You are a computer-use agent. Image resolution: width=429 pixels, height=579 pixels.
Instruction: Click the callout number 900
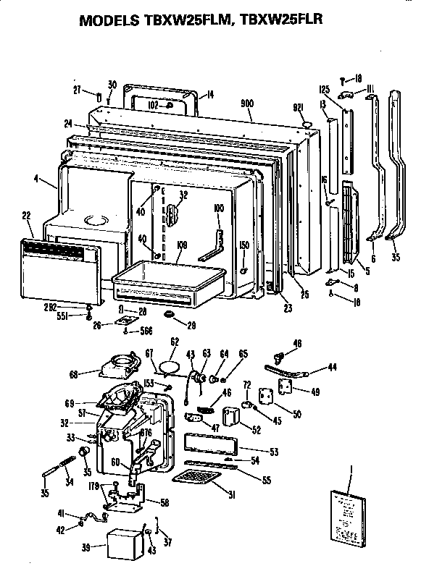click(246, 104)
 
